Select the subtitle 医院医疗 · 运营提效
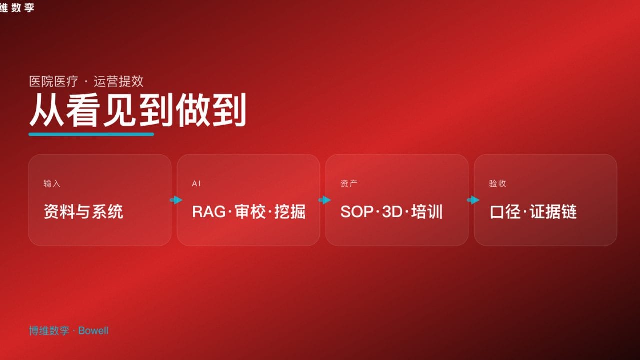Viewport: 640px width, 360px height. pos(86,81)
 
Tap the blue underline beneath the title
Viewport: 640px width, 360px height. pos(91,134)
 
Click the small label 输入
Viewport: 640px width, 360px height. pos(52,184)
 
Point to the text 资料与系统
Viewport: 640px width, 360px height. pos(83,212)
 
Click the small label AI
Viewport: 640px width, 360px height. pos(196,184)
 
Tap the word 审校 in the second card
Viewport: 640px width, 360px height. pos(249,212)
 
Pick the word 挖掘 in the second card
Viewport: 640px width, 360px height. pos(290,212)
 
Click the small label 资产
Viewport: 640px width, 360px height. pos(349,184)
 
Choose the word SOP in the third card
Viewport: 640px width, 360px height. pos(357,212)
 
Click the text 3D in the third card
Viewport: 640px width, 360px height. pos(392,212)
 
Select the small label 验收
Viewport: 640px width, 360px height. pos(497,184)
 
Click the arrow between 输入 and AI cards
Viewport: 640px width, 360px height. pos(176,200)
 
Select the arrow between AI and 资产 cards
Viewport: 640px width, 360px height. pos(324,200)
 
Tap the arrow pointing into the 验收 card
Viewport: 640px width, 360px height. pos(473,200)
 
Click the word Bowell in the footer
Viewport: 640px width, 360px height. pos(93,331)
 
